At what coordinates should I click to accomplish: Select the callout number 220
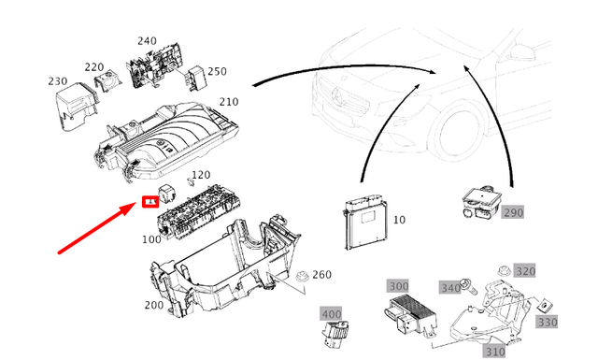pyautogui.click(x=94, y=66)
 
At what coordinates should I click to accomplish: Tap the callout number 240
pyautogui.click(x=148, y=41)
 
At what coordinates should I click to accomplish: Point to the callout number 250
pyautogui.click(x=217, y=71)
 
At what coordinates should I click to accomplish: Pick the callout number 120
pyautogui.click(x=201, y=175)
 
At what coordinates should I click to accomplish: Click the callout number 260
pyautogui.click(x=320, y=275)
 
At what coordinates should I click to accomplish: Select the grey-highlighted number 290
pyautogui.click(x=513, y=213)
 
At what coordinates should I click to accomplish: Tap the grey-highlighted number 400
pyautogui.click(x=331, y=314)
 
